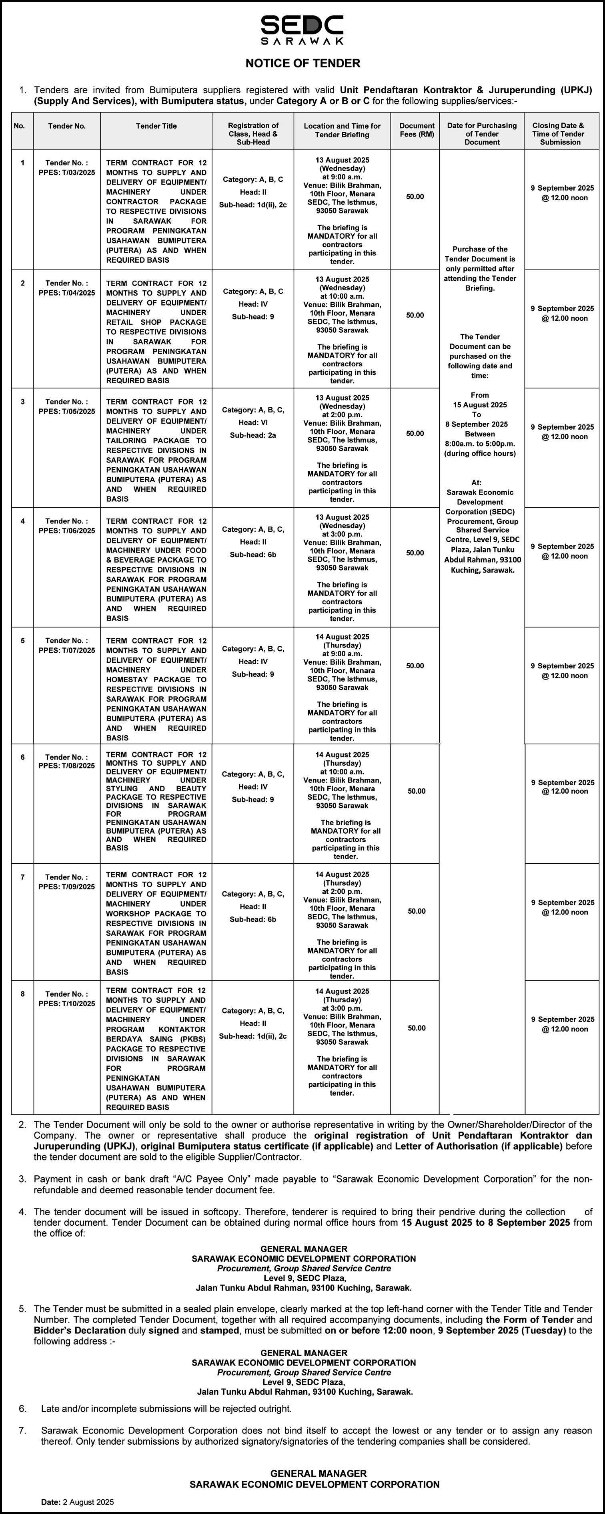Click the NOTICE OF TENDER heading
302,63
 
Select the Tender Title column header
156,126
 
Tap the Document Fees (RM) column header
417,130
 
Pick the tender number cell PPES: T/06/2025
66,525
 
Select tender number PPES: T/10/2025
66,999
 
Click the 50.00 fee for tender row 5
415,666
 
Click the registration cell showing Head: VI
252,422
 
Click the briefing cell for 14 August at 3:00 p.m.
342,1041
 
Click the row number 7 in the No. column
22,877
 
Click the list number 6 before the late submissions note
23,1408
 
